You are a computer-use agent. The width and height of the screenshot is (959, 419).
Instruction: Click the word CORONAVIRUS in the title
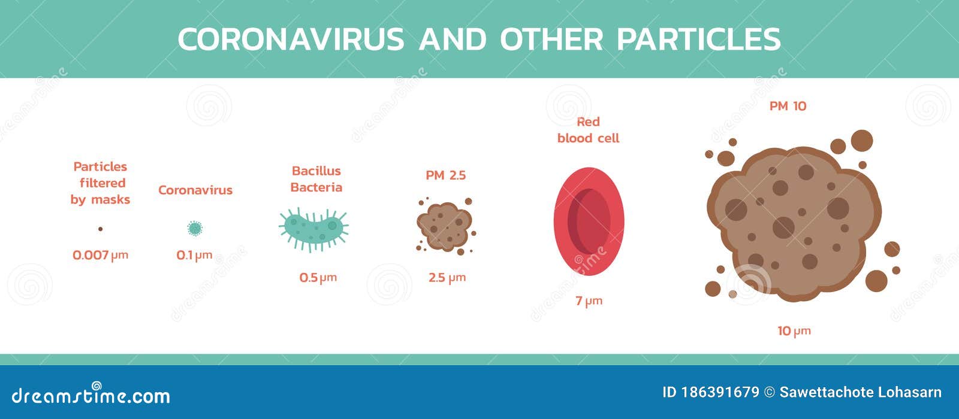coord(291,40)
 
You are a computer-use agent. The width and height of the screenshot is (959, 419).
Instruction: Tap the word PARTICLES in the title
coord(698,40)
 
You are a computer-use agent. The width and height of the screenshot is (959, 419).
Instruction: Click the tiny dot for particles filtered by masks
coord(100,229)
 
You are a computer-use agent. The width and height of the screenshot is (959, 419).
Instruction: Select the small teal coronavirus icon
coord(195,228)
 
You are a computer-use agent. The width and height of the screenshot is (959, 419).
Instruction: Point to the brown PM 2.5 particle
coord(444,226)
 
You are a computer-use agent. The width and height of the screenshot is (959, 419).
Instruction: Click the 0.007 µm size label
coord(100,255)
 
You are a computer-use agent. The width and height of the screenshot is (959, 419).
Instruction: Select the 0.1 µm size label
coord(194,255)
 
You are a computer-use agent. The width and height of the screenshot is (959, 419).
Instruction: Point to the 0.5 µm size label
coord(318,278)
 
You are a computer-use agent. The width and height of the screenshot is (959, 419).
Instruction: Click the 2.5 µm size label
coord(447,278)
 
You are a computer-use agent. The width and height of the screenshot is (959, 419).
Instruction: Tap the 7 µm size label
coord(589,301)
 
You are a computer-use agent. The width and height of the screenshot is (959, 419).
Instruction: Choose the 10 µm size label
coord(794,331)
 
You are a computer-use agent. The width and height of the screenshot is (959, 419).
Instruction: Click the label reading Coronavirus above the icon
coord(195,190)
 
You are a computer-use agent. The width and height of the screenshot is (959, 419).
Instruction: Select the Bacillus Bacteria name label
coord(316,179)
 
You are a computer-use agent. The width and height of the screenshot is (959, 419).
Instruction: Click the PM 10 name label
coord(788,107)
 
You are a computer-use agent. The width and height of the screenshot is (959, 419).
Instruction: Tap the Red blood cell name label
coord(588,130)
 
